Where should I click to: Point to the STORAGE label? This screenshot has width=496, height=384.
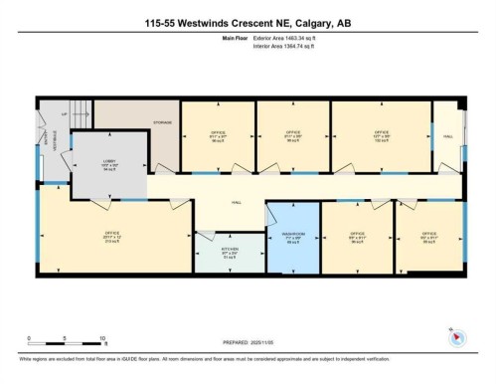pos(162,123)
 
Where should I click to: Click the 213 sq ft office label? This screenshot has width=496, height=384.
pos(112,235)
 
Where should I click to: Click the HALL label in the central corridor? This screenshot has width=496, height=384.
pos(237,203)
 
